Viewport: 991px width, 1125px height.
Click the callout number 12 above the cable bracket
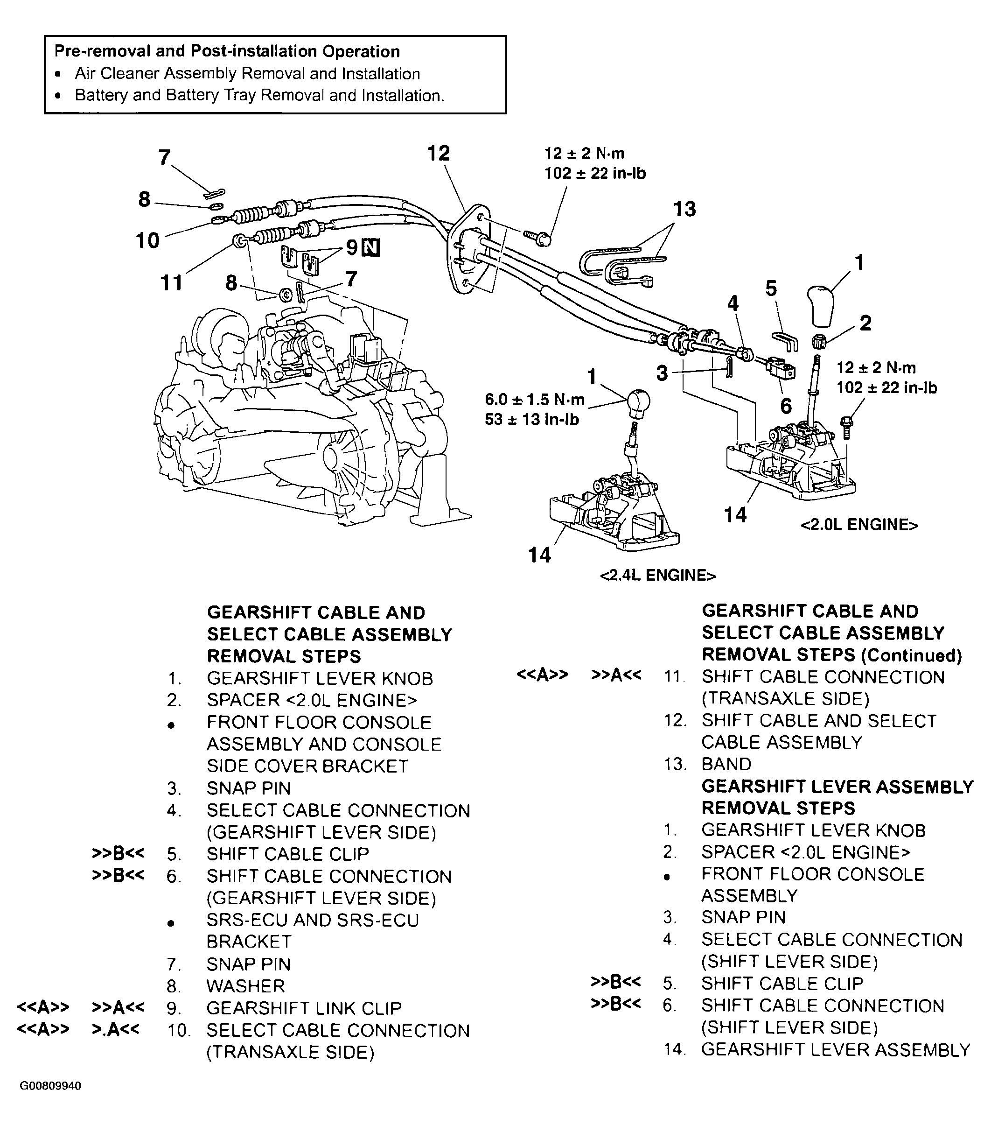(x=439, y=153)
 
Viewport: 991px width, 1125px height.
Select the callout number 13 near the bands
(x=684, y=209)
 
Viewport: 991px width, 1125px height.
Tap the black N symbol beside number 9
(x=371, y=248)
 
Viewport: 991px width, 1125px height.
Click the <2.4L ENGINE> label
(x=657, y=576)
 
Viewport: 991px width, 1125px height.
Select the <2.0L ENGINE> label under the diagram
(x=859, y=525)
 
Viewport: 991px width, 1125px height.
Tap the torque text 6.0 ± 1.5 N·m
(x=534, y=400)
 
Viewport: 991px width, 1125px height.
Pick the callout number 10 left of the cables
(x=147, y=240)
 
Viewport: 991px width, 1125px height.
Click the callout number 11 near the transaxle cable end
(x=171, y=283)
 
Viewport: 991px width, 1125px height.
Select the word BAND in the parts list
(x=726, y=764)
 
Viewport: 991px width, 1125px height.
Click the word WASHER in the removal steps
(x=245, y=986)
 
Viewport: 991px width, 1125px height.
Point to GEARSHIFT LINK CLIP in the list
(x=304, y=1008)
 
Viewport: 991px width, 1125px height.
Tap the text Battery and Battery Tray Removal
(x=258, y=95)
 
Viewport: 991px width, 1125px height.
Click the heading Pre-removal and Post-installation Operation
(x=227, y=52)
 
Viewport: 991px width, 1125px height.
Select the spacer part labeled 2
(x=819, y=342)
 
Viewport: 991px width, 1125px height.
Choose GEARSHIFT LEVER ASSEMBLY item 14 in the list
(x=835, y=1049)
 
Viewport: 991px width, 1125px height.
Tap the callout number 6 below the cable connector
(x=786, y=406)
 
